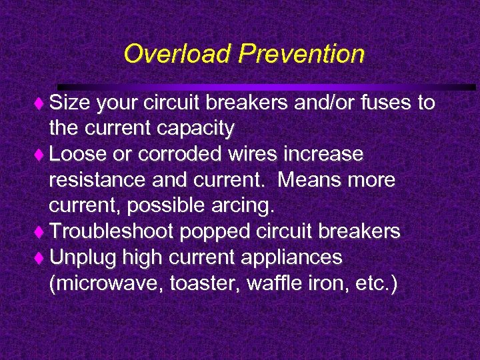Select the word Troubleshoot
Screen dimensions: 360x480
click(x=111, y=231)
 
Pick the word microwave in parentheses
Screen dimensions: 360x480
click(x=107, y=283)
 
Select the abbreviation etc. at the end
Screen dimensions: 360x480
click(x=374, y=283)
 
